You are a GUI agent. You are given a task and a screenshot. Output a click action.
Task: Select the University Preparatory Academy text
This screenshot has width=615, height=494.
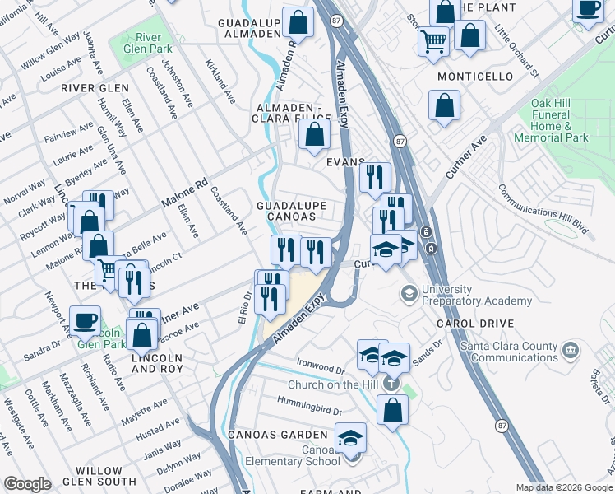pyautogui.click(x=476, y=295)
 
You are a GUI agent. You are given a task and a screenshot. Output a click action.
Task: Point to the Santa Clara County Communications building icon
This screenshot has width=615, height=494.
pyautogui.click(x=569, y=352)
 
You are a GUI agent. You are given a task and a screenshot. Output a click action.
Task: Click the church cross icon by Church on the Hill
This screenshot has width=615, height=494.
pyautogui.click(x=391, y=384)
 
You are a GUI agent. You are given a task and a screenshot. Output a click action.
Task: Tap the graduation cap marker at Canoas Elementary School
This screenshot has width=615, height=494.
pyautogui.click(x=351, y=437)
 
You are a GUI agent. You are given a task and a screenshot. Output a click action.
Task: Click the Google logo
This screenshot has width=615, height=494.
pyautogui.click(x=26, y=484)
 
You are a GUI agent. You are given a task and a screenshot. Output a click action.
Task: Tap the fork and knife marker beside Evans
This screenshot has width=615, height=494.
pyautogui.click(x=374, y=177)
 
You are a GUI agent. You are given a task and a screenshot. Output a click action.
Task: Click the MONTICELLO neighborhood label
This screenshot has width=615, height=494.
pyautogui.click(x=475, y=77)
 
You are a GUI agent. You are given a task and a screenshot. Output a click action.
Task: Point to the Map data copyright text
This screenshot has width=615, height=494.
pyautogui.click(x=564, y=487)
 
